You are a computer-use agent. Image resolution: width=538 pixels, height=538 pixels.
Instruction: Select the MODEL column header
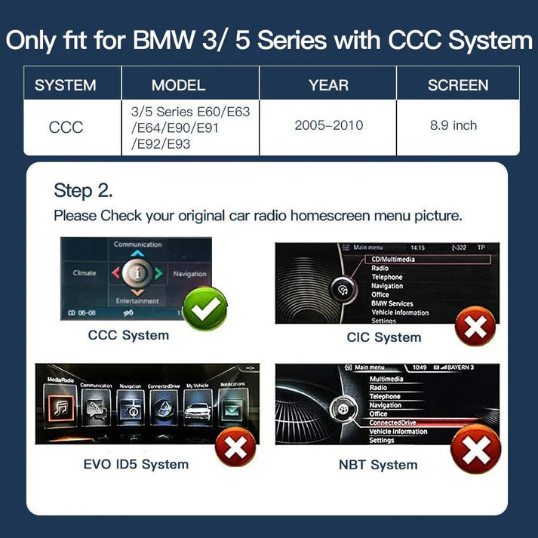pos(178,85)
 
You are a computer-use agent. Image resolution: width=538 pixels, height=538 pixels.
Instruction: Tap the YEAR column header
pos(328,85)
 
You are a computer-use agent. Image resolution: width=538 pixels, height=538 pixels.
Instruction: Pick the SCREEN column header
pos(457,85)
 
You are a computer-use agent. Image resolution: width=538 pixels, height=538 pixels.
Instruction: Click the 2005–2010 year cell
pos(328,125)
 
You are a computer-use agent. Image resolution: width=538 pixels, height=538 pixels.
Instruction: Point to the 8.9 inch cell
pos(453,125)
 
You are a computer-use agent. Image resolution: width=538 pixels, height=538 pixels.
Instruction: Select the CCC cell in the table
pos(66,128)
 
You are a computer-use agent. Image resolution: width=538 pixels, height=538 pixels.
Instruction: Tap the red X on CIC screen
pos(475,325)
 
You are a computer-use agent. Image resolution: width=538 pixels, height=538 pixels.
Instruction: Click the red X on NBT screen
pos(475,450)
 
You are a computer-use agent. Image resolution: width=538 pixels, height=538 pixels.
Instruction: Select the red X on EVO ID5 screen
pos(236,448)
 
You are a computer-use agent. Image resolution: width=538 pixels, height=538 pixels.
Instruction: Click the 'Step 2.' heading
pos(84,189)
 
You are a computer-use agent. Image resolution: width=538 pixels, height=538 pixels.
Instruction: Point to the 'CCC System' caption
pos(128,335)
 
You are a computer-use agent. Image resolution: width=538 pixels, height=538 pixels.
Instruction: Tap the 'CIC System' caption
pos(383,337)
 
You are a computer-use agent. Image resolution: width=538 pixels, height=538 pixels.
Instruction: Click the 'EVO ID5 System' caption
pos(136,463)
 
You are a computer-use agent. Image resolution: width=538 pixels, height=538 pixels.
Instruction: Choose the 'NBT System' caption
pos(378,465)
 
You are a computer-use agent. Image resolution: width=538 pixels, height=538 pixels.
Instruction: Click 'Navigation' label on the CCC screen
pos(189,274)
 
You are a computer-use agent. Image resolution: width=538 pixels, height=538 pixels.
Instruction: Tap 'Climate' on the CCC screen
pos(85,273)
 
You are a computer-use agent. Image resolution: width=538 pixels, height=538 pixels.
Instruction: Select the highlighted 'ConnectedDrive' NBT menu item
pos(393,423)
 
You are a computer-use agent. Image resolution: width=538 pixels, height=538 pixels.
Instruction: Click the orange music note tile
pos(59,407)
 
